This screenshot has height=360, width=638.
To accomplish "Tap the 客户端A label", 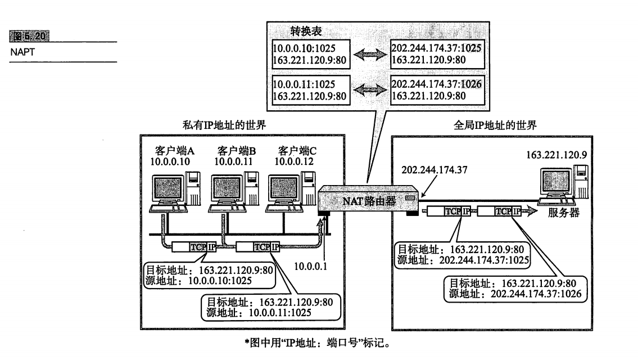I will tap(174, 151).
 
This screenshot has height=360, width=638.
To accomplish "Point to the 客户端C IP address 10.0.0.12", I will tap(294, 161).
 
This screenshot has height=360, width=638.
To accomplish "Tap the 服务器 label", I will tap(563, 214).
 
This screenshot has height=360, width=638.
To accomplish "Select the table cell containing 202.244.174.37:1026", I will tap(436, 90).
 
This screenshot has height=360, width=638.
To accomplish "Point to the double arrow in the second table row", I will tap(370, 90).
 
